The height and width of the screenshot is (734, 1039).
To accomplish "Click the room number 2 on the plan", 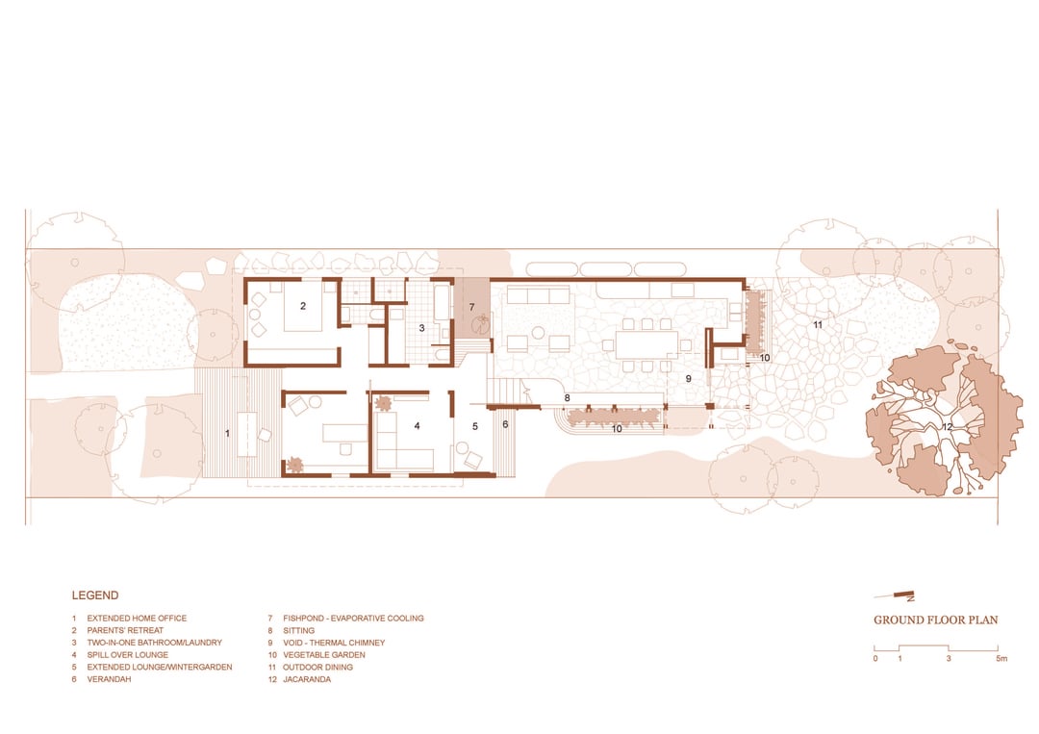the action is point(303,306).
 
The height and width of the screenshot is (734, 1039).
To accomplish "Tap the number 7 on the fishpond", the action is point(471,308).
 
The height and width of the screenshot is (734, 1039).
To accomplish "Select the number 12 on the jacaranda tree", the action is point(947,426).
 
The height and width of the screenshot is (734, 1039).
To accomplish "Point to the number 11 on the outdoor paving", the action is point(817,324).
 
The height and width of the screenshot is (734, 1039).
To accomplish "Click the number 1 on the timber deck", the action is point(227,433).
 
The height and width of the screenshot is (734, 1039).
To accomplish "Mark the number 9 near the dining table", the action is point(689,379).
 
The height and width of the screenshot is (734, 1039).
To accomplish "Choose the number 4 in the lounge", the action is point(417,426).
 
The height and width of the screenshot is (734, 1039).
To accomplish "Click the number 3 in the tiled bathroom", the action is point(421,328).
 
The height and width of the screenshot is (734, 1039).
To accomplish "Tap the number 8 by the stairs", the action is point(567,398).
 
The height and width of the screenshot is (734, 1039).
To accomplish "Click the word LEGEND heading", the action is point(94,595).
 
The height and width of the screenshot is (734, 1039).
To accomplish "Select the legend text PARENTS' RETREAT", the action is point(125,631).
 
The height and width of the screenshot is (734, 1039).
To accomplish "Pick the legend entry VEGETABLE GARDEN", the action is point(324,654).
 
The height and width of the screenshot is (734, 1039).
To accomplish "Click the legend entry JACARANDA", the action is point(307,679).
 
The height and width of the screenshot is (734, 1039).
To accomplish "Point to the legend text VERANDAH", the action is point(110,679).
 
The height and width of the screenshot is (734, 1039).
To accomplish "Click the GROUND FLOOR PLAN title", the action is point(936,620).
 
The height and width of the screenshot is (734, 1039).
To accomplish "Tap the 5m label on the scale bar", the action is point(1001,658).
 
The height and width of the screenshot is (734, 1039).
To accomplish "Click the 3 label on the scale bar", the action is point(949,658).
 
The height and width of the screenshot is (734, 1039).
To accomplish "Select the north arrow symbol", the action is point(895,595).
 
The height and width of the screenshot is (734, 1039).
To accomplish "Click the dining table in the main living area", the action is point(647,344).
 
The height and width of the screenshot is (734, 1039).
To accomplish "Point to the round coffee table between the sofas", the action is point(538,333).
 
